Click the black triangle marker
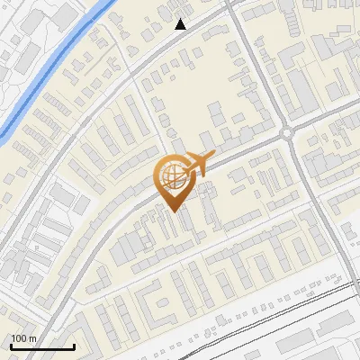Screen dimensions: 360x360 [181, 24]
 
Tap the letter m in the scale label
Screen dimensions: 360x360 [32, 338]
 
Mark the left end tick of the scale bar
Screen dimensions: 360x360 [11, 346]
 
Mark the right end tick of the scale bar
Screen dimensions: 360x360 [74, 346]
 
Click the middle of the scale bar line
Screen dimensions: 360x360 [42, 347]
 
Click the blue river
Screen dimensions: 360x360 [54, 67]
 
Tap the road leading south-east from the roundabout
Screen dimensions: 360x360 [315, 189]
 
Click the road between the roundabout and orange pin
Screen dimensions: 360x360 [238, 154]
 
